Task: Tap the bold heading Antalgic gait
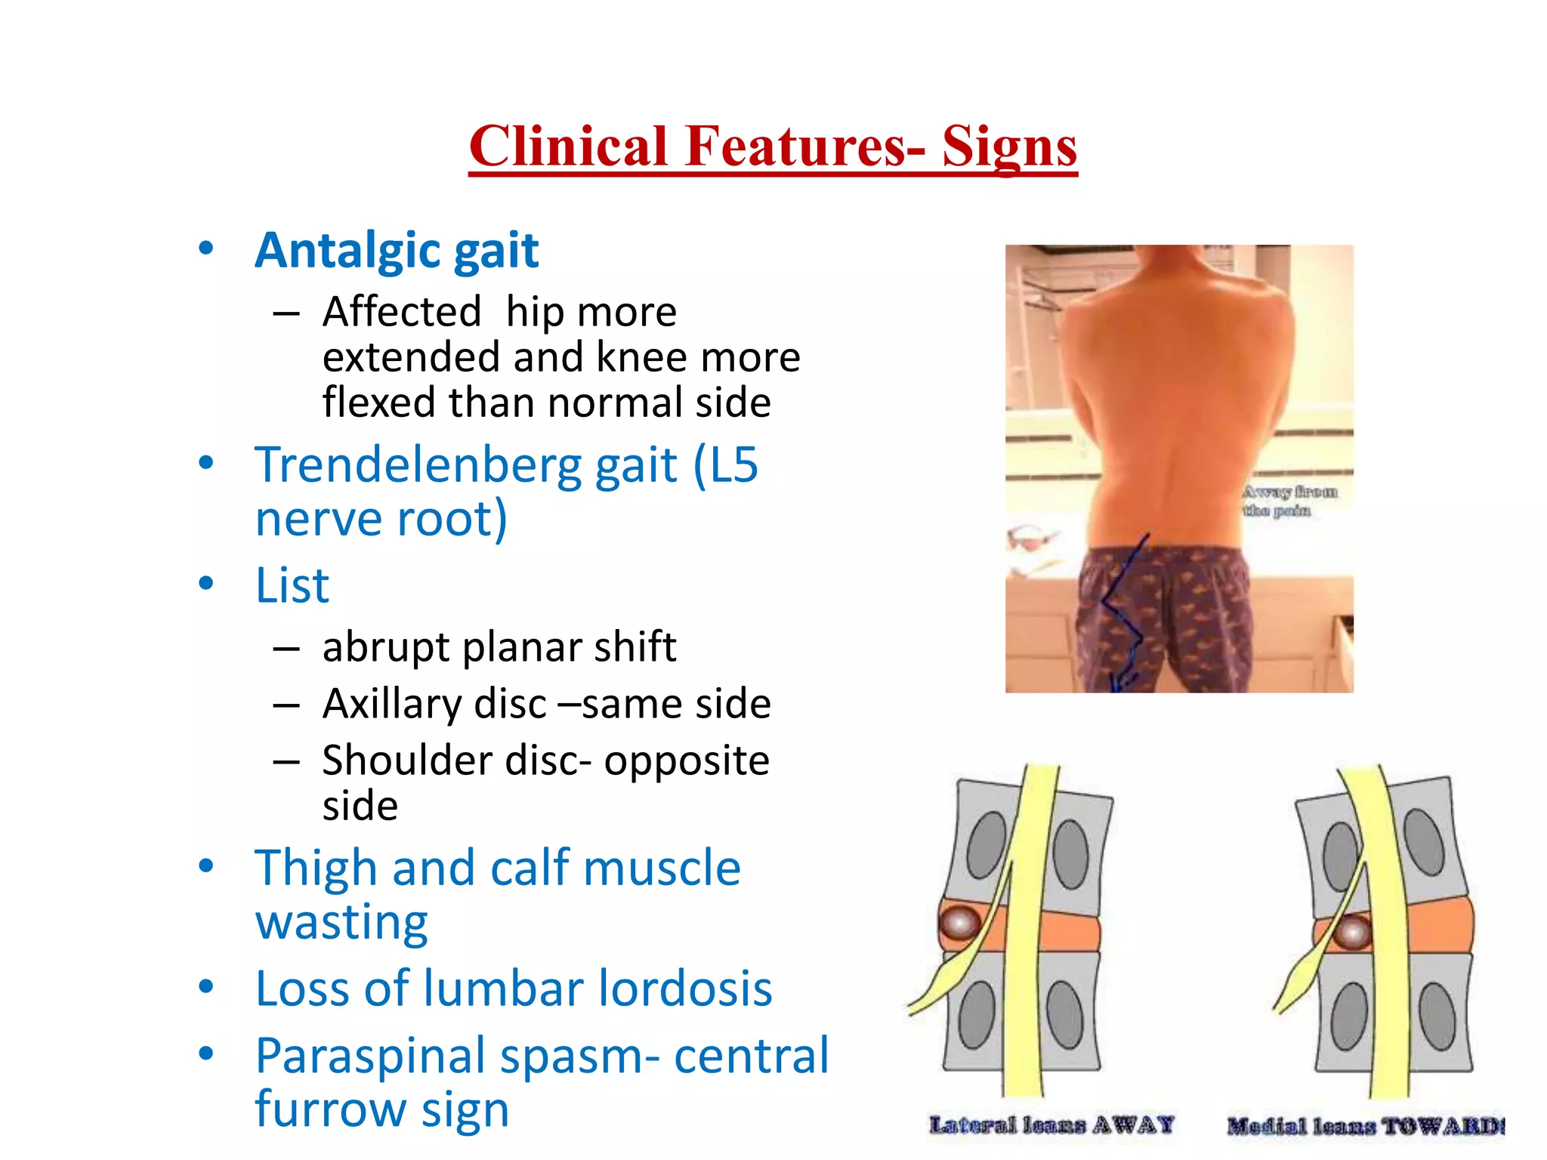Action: pos(397,251)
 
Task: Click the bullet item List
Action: pos(292,585)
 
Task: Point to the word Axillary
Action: pos(391,705)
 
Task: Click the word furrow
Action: pos(330,1109)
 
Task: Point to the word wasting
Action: pos(341,923)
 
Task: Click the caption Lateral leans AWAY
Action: pos(1051,1125)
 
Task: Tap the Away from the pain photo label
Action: pos(1289,501)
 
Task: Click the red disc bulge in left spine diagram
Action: pos(959,923)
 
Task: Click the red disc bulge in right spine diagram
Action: pos(1351,933)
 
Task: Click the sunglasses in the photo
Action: pos(1033,539)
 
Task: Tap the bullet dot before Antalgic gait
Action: pos(205,249)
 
